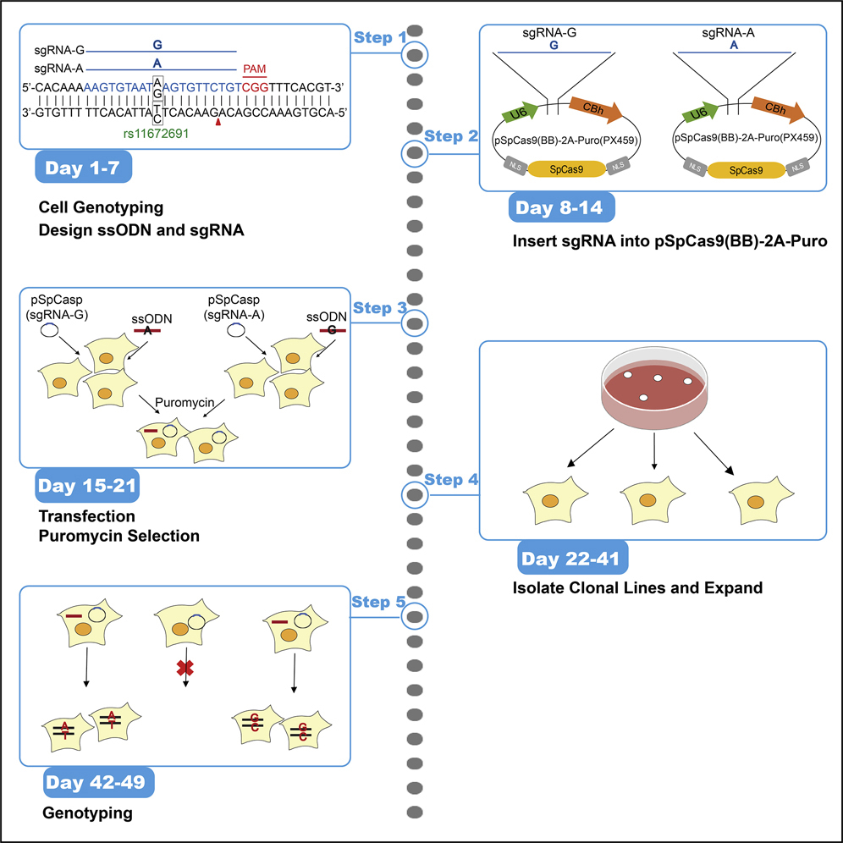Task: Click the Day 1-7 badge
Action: [x=83, y=167]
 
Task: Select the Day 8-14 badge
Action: [x=562, y=208]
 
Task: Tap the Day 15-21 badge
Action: [x=88, y=487]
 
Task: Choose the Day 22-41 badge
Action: [x=573, y=559]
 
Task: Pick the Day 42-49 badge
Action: [x=98, y=785]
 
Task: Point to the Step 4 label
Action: [x=451, y=480]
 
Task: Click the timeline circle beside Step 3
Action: [x=414, y=322]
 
